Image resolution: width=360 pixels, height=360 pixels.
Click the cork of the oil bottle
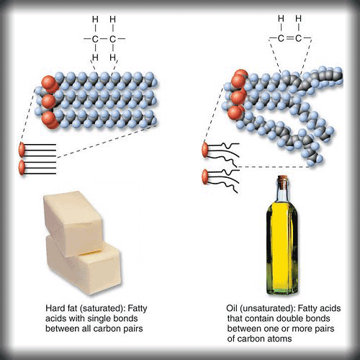[x=282, y=179]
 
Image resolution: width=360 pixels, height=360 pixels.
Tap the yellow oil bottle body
[x=282, y=247]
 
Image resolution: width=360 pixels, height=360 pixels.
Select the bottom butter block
[x=83, y=266]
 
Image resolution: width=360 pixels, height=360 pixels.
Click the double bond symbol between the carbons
[x=289, y=38]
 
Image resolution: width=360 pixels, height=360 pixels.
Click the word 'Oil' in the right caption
[x=232, y=308]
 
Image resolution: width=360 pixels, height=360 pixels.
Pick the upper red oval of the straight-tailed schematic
[x=22, y=150]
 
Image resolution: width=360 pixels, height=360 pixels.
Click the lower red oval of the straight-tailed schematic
[x=22, y=168]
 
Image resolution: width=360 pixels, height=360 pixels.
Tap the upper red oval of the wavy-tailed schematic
[x=205, y=150]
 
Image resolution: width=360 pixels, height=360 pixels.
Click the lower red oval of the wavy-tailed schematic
[x=205, y=176]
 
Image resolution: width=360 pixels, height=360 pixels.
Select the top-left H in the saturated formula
[x=95, y=19]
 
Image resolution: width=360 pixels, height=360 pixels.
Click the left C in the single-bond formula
[x=95, y=39]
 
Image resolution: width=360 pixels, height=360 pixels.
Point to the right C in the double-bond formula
[x=298, y=38]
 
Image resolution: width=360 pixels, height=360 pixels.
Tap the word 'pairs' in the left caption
[x=133, y=329]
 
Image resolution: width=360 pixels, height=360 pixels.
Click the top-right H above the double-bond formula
[x=298, y=19]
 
